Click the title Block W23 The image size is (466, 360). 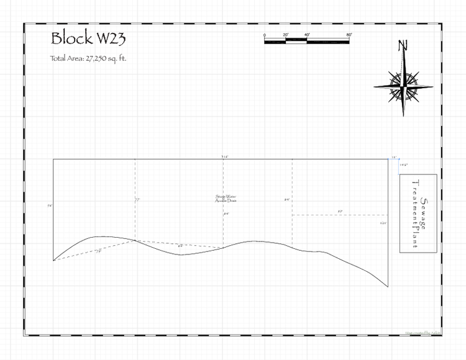[x=88, y=39]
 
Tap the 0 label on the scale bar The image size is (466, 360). [x=265, y=35]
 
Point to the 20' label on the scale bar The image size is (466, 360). [x=286, y=35]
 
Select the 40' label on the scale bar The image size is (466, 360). [x=307, y=35]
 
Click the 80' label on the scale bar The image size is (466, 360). [x=349, y=35]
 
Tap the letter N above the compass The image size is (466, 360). [x=403, y=46]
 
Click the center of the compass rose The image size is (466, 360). [x=404, y=83]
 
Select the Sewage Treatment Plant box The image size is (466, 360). [x=418, y=214]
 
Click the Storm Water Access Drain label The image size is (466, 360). [x=226, y=199]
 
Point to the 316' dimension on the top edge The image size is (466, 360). [x=224, y=157]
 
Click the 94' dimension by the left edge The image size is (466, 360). [x=49, y=205]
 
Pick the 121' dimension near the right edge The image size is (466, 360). [x=383, y=223]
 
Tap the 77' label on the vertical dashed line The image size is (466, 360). [x=137, y=200]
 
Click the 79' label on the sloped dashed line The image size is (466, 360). [x=98, y=251]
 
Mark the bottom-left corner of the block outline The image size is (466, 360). [x=53, y=261]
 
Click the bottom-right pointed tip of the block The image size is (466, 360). [x=388, y=287]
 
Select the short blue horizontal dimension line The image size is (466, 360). [x=393, y=160]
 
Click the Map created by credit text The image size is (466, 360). [x=422, y=333]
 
